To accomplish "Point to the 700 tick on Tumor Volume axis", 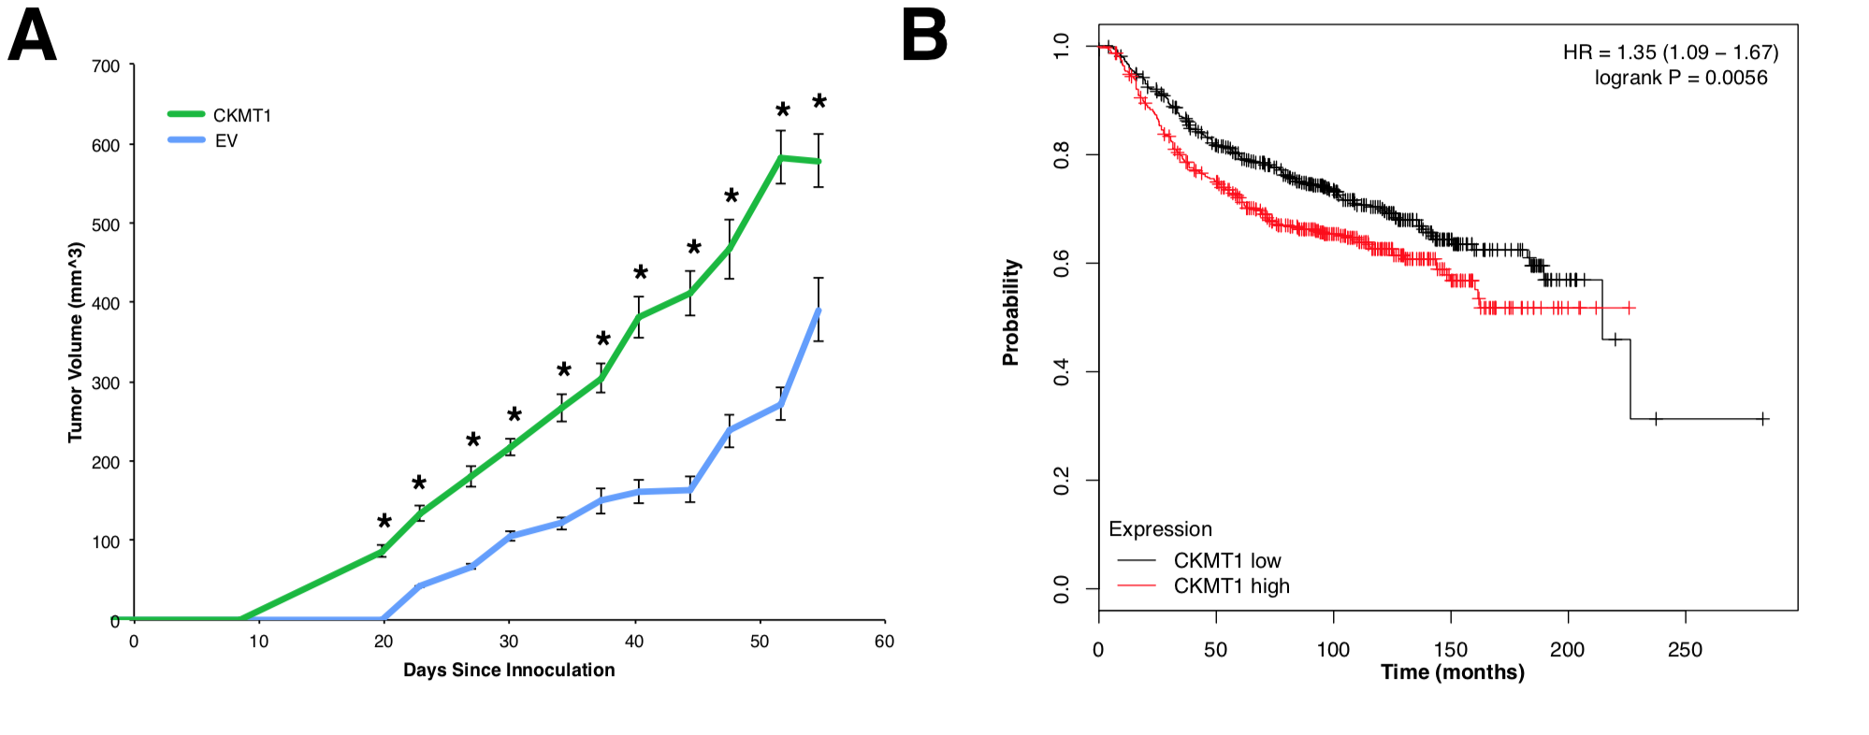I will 106,66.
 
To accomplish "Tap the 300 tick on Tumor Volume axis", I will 106,382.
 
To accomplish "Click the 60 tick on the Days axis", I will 884,641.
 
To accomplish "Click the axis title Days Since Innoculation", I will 509,670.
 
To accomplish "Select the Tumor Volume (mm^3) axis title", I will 76,342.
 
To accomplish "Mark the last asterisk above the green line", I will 819,102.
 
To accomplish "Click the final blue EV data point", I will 819,310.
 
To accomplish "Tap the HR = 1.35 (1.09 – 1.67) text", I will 1671,52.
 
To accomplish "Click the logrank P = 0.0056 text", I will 1681,78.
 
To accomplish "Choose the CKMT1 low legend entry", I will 1226,561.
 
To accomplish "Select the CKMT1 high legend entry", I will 1231,586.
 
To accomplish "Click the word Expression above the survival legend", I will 1160,529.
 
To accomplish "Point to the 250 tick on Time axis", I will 1685,649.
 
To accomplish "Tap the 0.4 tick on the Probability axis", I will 1062,372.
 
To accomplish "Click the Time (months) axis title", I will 1452,672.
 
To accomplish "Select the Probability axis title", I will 1011,312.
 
